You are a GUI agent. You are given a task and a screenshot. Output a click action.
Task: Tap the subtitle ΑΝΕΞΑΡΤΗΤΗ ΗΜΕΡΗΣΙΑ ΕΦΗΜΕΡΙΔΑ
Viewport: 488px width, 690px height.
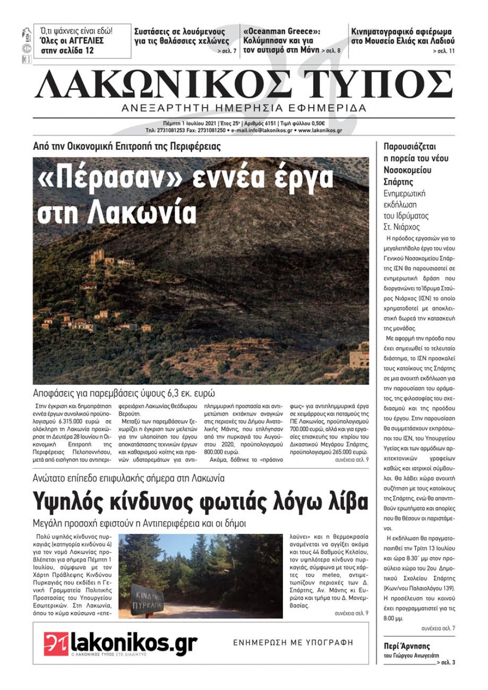pos(244,108)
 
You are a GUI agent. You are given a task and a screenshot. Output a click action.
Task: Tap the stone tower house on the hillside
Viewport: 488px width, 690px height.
pos(98,257)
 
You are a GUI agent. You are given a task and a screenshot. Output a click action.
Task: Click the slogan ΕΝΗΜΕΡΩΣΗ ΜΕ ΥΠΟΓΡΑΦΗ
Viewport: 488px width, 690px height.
pos(293,643)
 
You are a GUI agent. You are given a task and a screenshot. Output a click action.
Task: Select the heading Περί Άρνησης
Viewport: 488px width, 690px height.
pos(407,646)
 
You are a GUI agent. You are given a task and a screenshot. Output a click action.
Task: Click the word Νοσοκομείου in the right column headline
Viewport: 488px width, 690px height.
pos(407,170)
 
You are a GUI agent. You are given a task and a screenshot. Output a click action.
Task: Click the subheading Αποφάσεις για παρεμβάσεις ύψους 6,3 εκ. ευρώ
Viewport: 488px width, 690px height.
pos(124,393)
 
